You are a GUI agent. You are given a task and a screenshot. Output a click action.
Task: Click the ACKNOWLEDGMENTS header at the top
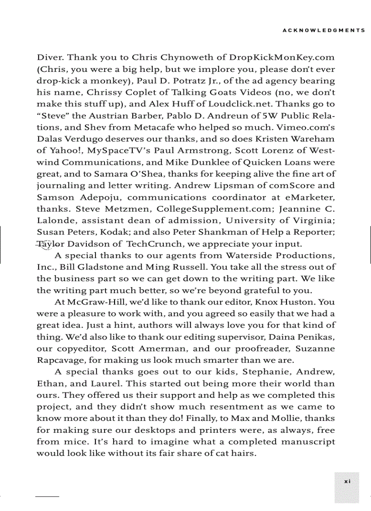point(324,30)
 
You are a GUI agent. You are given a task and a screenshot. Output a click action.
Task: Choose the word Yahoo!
point(65,151)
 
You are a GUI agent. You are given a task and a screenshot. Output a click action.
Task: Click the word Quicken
point(232,162)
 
